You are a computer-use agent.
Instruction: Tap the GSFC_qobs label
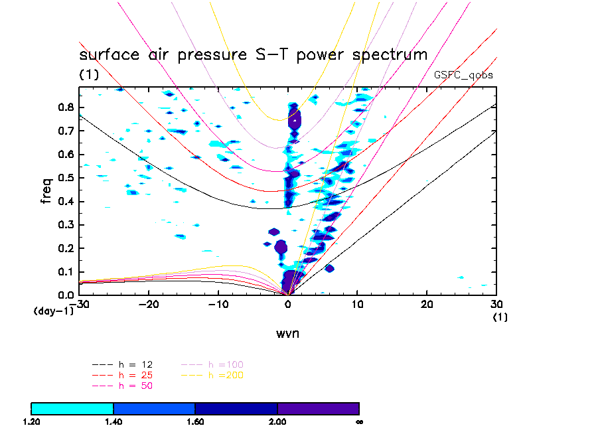tap(463, 75)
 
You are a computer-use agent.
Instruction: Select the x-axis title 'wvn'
tap(287, 333)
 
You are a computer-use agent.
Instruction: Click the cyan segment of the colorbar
tap(72, 408)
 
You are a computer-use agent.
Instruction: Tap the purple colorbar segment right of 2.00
tap(319, 408)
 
